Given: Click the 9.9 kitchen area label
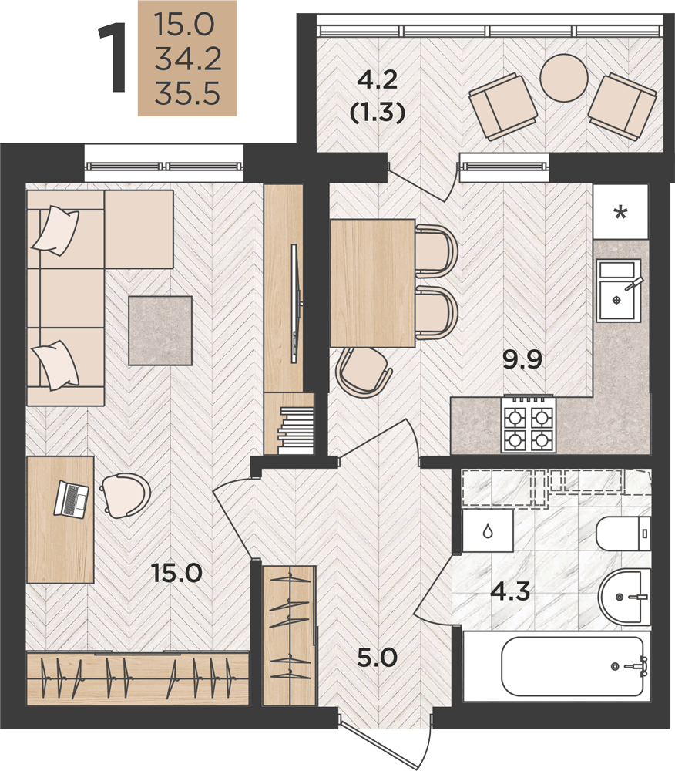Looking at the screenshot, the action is [x=522, y=359].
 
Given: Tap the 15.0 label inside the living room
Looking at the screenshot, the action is [x=177, y=574].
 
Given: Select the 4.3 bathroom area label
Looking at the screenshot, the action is [x=510, y=591].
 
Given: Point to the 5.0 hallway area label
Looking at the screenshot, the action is [x=377, y=657].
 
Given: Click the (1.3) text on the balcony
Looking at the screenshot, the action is [x=378, y=113].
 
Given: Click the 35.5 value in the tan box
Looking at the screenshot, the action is [x=187, y=94].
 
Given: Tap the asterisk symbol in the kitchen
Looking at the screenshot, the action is [x=621, y=214].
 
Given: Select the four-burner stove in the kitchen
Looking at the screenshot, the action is [x=527, y=424].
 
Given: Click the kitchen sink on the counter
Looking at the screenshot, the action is [x=619, y=290].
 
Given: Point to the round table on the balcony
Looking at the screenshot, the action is [x=563, y=77].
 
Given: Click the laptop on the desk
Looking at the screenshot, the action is [x=71, y=499].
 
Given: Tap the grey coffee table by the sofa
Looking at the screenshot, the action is [x=160, y=331].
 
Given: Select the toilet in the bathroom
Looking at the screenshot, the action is [x=623, y=534].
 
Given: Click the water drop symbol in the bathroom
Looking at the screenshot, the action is [x=488, y=531].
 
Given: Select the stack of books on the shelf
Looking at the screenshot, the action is [x=295, y=430].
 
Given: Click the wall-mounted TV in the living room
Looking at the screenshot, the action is [x=295, y=305].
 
